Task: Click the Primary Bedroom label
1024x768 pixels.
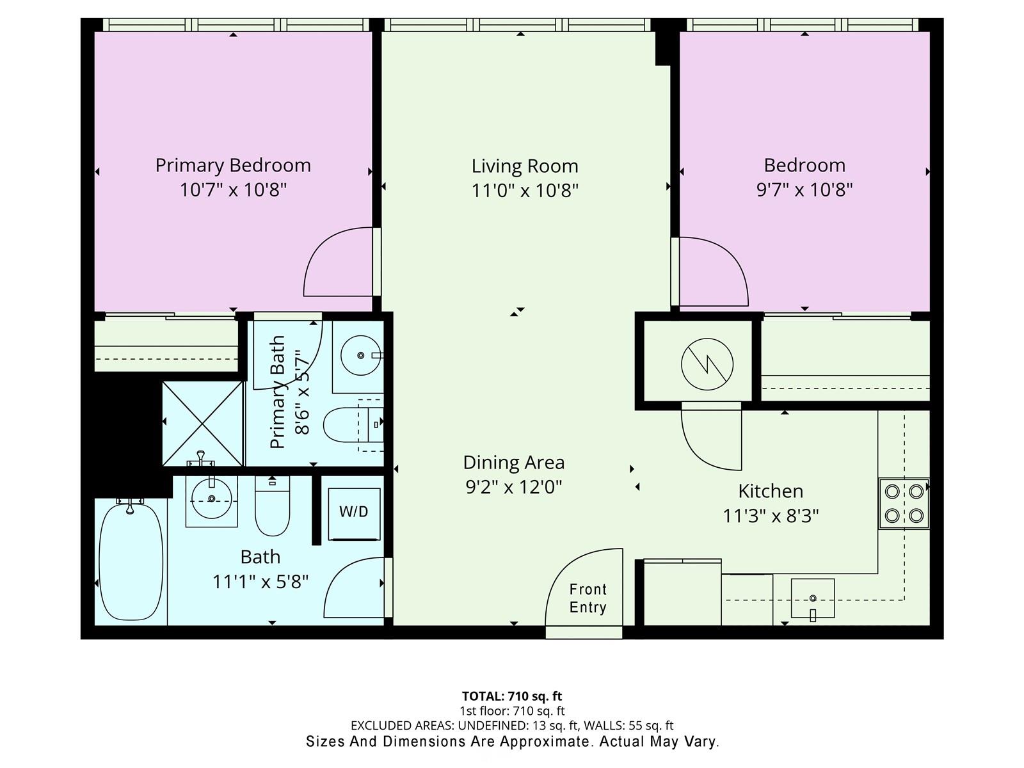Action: pos(233,166)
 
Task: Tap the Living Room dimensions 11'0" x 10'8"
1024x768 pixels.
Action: pos(525,191)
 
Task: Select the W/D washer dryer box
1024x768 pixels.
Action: pos(354,514)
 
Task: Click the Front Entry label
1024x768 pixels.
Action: pos(588,598)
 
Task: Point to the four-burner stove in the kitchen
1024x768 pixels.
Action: pos(904,504)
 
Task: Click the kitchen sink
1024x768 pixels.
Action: pos(813,598)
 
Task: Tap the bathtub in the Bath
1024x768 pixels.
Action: pos(132,562)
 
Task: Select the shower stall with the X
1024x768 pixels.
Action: pos(203,424)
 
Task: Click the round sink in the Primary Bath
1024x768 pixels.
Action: pos(360,355)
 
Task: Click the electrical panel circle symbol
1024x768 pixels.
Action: pos(707,364)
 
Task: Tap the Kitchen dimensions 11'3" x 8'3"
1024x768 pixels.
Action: pos(771,516)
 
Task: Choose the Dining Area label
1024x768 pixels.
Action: pos(514,463)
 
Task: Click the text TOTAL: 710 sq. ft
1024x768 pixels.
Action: pos(512,696)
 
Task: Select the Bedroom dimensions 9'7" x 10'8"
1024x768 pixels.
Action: pos(804,190)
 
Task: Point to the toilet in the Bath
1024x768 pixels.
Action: pos(273,506)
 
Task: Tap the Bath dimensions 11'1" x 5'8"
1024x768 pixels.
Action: pos(260,582)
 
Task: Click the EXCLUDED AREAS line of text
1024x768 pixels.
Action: pos(512,726)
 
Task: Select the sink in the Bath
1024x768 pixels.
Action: pos(212,500)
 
